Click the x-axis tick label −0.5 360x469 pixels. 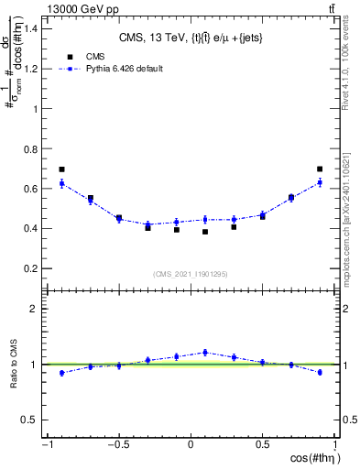[118, 444]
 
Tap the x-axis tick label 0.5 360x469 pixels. [263, 444]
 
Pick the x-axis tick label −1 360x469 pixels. [46, 444]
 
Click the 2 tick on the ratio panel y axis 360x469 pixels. [35, 309]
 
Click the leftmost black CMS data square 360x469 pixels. [61, 169]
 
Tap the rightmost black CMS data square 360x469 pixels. [320, 169]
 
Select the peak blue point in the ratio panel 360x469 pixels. [205, 352]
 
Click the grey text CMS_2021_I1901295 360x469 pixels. [191, 274]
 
